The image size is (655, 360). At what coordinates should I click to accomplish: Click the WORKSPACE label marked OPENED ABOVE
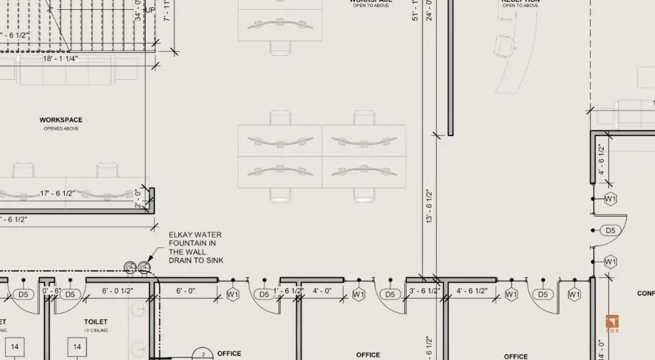(x=61, y=120)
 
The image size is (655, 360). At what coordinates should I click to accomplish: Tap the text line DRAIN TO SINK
(x=196, y=261)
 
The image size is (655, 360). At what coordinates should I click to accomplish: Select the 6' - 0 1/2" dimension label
(x=118, y=291)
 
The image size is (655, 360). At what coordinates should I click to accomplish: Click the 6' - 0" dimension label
(x=186, y=291)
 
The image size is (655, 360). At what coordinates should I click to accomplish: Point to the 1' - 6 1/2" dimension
(x=288, y=291)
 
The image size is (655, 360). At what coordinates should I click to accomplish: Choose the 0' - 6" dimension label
(x=50, y=291)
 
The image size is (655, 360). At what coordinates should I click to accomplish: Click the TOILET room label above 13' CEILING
(x=96, y=322)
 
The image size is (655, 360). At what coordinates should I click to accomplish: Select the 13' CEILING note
(x=96, y=331)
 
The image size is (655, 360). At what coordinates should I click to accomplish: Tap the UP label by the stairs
(x=149, y=10)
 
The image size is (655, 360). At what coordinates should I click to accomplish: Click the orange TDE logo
(x=612, y=324)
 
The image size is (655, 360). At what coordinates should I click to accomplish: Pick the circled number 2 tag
(x=203, y=354)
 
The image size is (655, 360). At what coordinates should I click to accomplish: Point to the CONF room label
(x=645, y=294)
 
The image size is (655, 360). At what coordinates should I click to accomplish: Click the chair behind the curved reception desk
(x=504, y=46)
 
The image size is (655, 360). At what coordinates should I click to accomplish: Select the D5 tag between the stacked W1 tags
(x=610, y=230)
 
